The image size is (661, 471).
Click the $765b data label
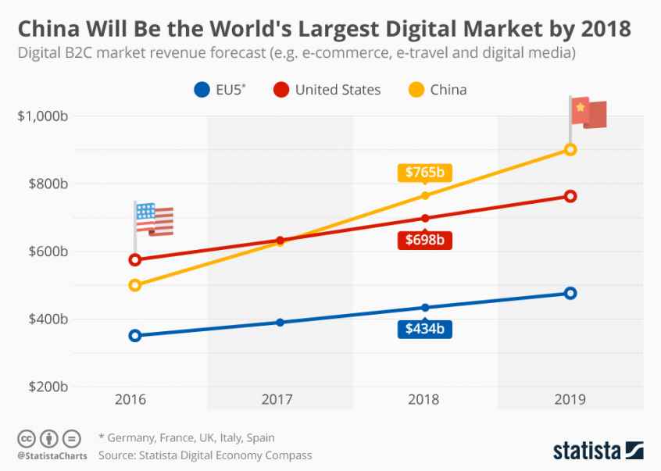coord(424,173)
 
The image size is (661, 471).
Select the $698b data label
coord(424,240)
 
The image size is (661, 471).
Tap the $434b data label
coord(424,329)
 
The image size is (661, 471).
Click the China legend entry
coord(438,90)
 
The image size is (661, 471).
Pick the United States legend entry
coord(327,90)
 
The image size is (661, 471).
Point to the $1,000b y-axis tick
coord(44,116)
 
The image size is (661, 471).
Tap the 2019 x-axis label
coord(570,398)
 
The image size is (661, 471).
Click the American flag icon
coord(154,219)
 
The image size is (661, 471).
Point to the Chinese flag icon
coord(588,113)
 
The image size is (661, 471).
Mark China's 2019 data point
coord(570,149)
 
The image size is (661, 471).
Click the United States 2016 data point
coord(134,259)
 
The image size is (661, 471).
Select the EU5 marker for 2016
coord(134,336)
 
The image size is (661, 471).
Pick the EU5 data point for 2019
coord(570,293)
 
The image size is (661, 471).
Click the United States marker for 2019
coord(570,196)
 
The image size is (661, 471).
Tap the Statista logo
coord(598,451)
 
